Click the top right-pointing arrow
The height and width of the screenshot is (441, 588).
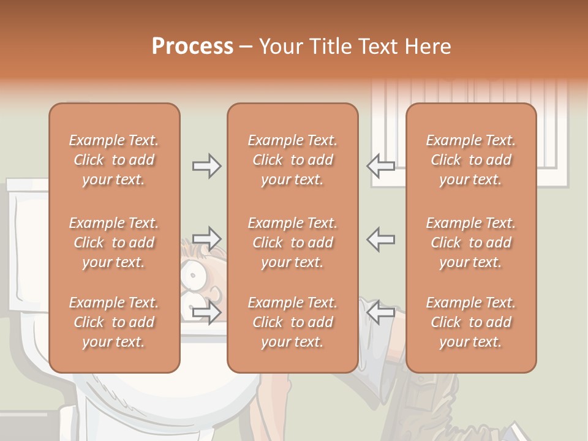click(x=207, y=166)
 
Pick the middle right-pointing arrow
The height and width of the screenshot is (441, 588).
click(x=207, y=239)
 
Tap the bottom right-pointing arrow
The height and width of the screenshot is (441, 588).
click(x=207, y=312)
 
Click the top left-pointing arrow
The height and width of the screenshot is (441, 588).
click(x=380, y=166)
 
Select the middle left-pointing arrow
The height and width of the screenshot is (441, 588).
click(x=380, y=239)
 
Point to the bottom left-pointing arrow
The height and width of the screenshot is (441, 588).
click(x=380, y=312)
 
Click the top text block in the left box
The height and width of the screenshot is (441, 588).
click(x=114, y=160)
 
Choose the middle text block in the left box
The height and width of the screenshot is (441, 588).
click(x=114, y=243)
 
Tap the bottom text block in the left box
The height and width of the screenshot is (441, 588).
click(x=114, y=322)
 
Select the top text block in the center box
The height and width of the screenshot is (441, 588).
click(x=293, y=160)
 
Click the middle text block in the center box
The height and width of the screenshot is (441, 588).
click(x=293, y=243)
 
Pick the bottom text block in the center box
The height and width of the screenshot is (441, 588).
click(x=293, y=322)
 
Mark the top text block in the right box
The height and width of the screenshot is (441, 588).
click(x=471, y=160)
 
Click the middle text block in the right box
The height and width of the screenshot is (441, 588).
click(x=471, y=243)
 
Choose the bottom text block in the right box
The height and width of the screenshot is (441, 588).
click(x=471, y=322)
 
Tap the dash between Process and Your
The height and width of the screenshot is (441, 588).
click(x=246, y=48)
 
